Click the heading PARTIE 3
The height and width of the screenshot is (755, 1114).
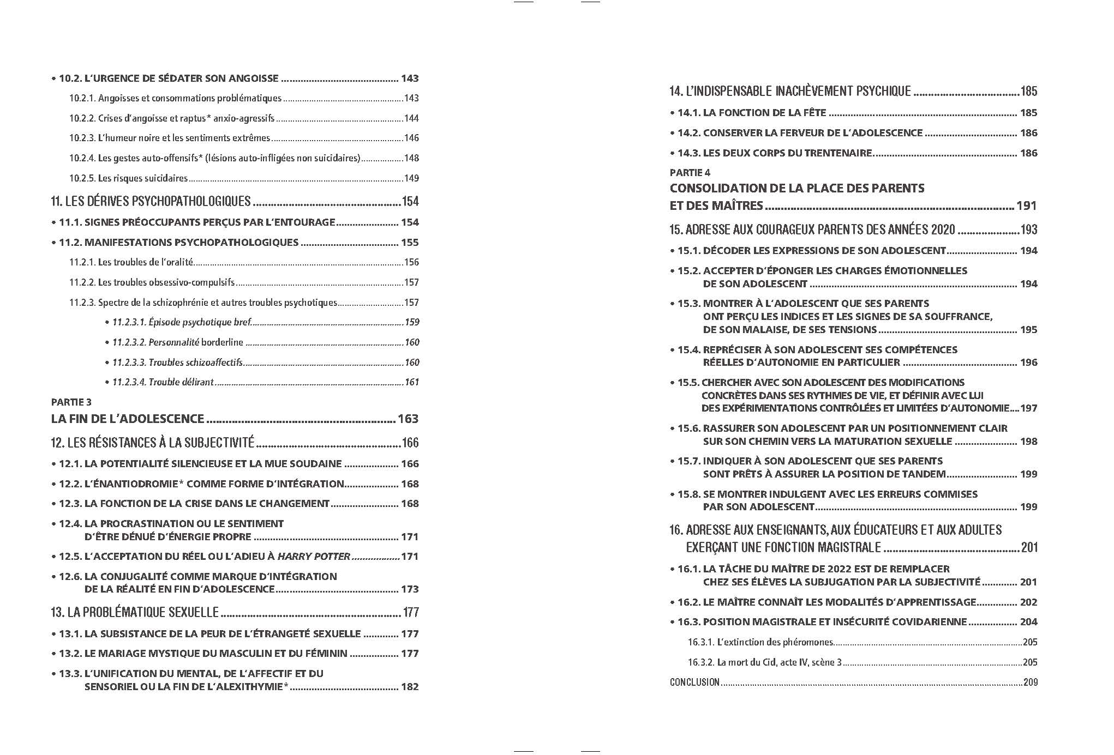71,402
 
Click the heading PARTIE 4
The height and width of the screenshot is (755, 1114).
690,173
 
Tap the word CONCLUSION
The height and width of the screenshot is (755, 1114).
694,682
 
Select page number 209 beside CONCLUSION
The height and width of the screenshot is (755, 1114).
1030,682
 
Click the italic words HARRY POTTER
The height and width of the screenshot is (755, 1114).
314,557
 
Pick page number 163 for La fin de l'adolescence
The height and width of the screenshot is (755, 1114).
408,419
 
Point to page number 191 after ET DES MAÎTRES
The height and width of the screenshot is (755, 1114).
1026,206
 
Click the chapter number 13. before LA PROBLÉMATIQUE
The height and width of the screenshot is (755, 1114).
57,612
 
